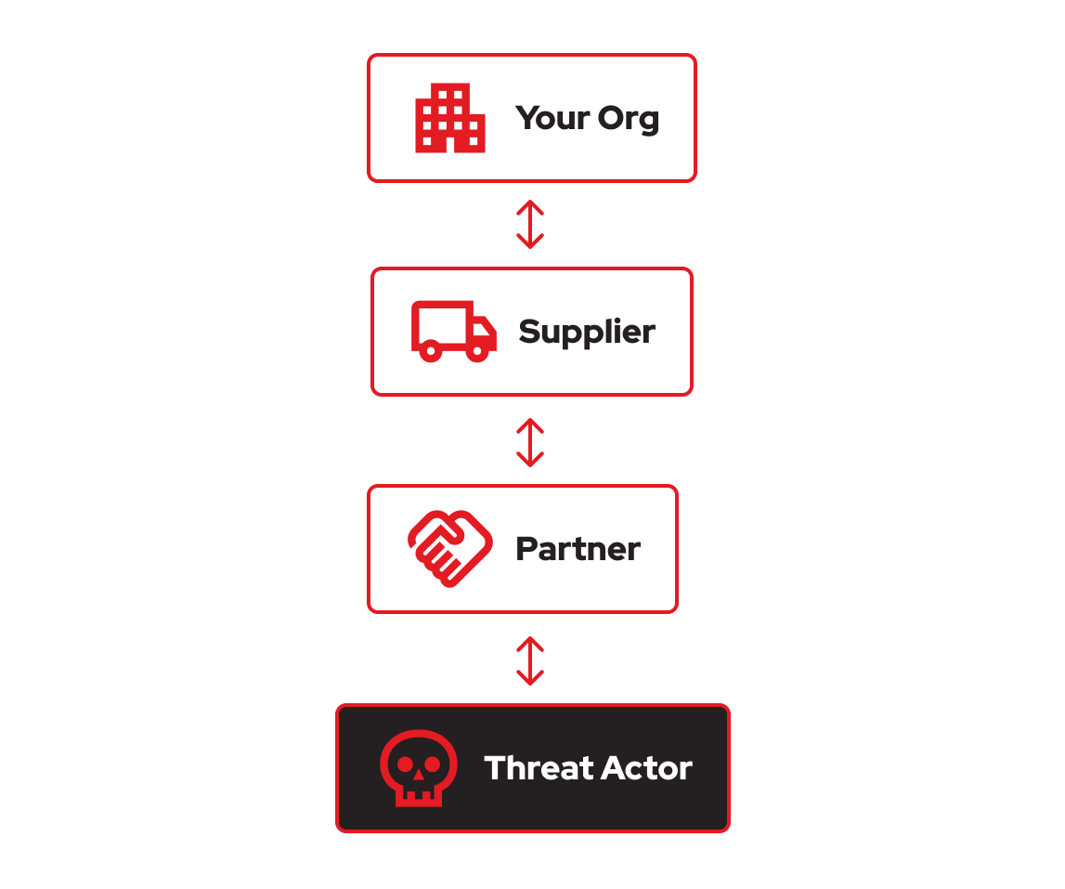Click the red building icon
tap(449, 118)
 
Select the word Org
tap(629, 119)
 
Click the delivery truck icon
tap(453, 331)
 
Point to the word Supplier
tap(587, 332)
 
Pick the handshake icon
tap(450, 548)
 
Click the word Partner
tap(578, 549)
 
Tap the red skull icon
tap(418, 767)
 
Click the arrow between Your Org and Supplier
tap(530, 225)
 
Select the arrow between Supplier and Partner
tap(530, 442)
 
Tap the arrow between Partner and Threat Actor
tap(530, 660)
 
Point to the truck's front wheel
tap(477, 350)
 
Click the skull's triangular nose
tap(418, 775)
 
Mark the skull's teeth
tap(418, 796)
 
